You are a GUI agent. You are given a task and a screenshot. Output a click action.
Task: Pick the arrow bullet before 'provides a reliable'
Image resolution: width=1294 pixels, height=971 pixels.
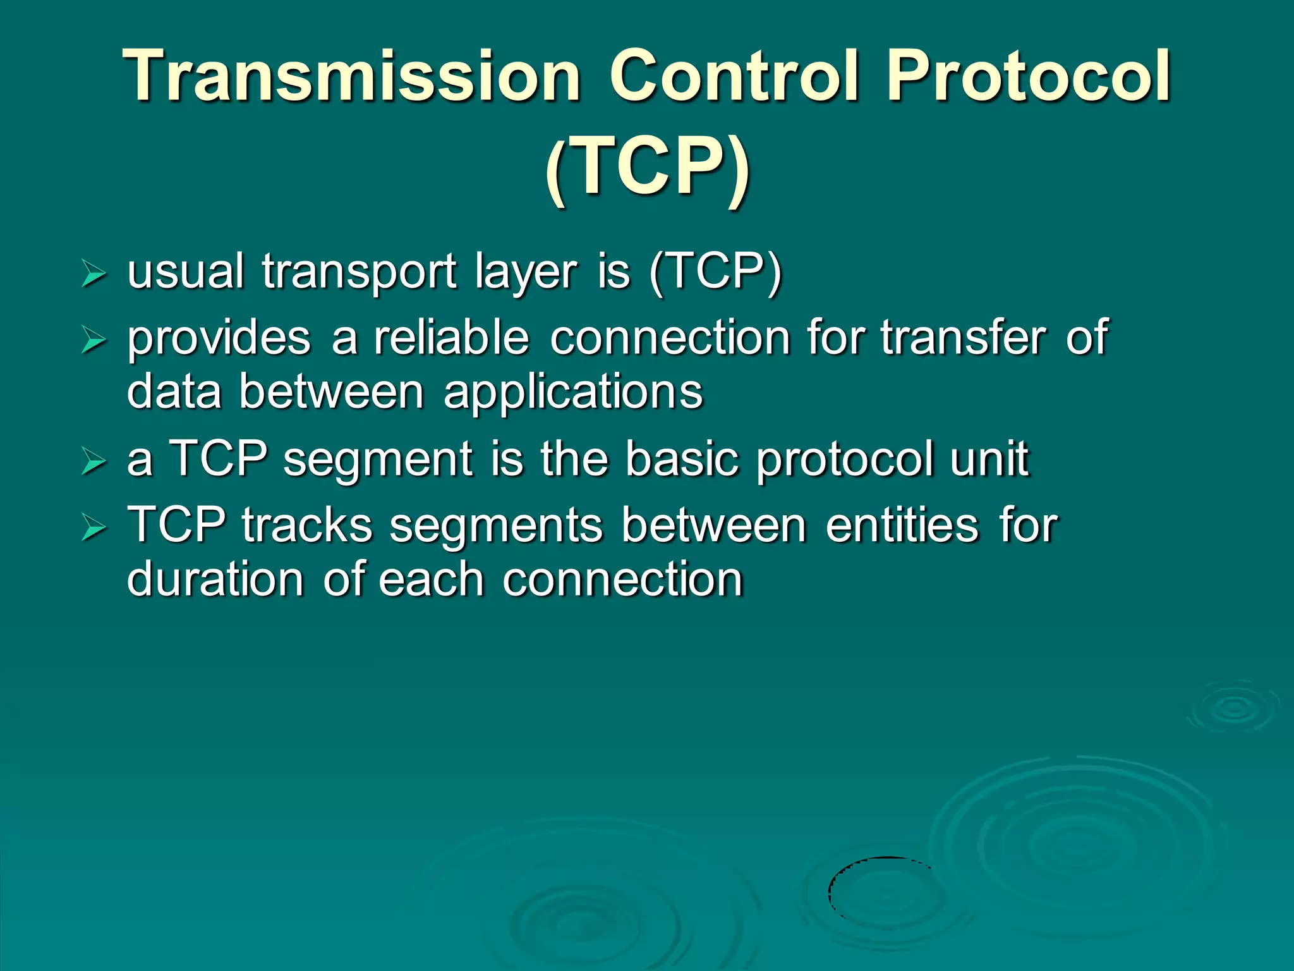(94, 341)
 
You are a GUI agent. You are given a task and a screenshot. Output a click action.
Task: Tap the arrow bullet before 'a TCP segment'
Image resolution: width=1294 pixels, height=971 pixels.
(94, 463)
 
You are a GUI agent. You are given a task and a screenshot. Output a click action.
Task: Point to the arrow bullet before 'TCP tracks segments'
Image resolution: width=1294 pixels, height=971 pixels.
(94, 528)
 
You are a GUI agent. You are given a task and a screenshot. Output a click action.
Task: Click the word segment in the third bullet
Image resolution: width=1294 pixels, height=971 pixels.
(378, 460)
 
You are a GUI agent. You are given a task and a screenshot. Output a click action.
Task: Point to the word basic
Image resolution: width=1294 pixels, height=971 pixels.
(682, 459)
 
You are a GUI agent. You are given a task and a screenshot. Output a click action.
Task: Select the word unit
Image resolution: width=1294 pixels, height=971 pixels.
(989, 459)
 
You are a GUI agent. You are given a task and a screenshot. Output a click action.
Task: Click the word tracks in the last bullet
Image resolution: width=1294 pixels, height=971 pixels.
(307, 525)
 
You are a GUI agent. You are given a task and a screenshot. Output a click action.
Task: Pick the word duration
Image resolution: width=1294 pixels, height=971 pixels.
(215, 579)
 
